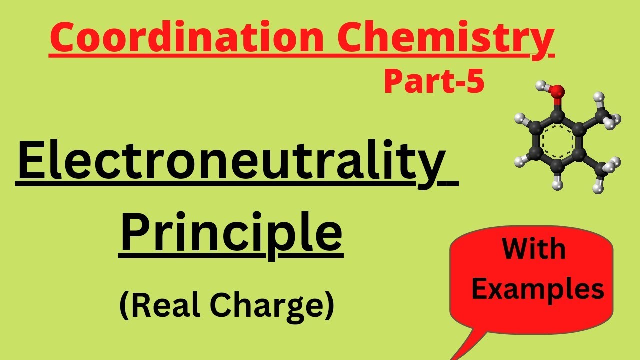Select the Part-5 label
point(434,82)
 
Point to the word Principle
point(231,232)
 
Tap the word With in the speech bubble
point(534,249)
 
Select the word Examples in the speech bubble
point(537,289)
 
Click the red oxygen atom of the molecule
point(558,91)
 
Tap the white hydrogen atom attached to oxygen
point(540,85)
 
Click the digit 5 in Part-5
point(476,82)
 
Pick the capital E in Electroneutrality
point(31,162)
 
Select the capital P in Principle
point(136,232)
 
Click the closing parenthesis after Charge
point(328,306)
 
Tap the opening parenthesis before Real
point(124,306)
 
